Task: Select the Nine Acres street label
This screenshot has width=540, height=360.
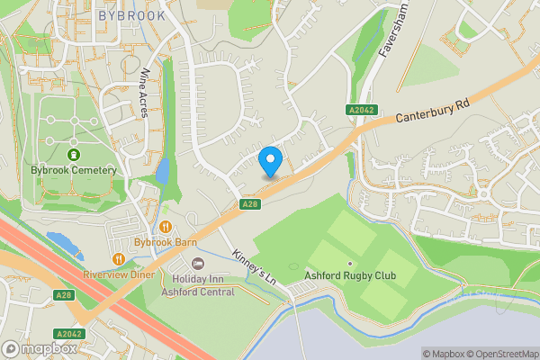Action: [144, 94]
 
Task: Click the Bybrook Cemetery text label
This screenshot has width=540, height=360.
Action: [74, 170]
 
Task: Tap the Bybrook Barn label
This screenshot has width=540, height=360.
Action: [165, 242]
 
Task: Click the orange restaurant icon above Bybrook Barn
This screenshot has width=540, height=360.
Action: [166, 227]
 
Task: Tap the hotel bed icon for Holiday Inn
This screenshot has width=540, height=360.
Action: [198, 264]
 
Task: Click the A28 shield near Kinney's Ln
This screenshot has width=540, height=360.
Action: [251, 205]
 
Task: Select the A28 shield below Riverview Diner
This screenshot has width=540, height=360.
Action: [63, 294]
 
